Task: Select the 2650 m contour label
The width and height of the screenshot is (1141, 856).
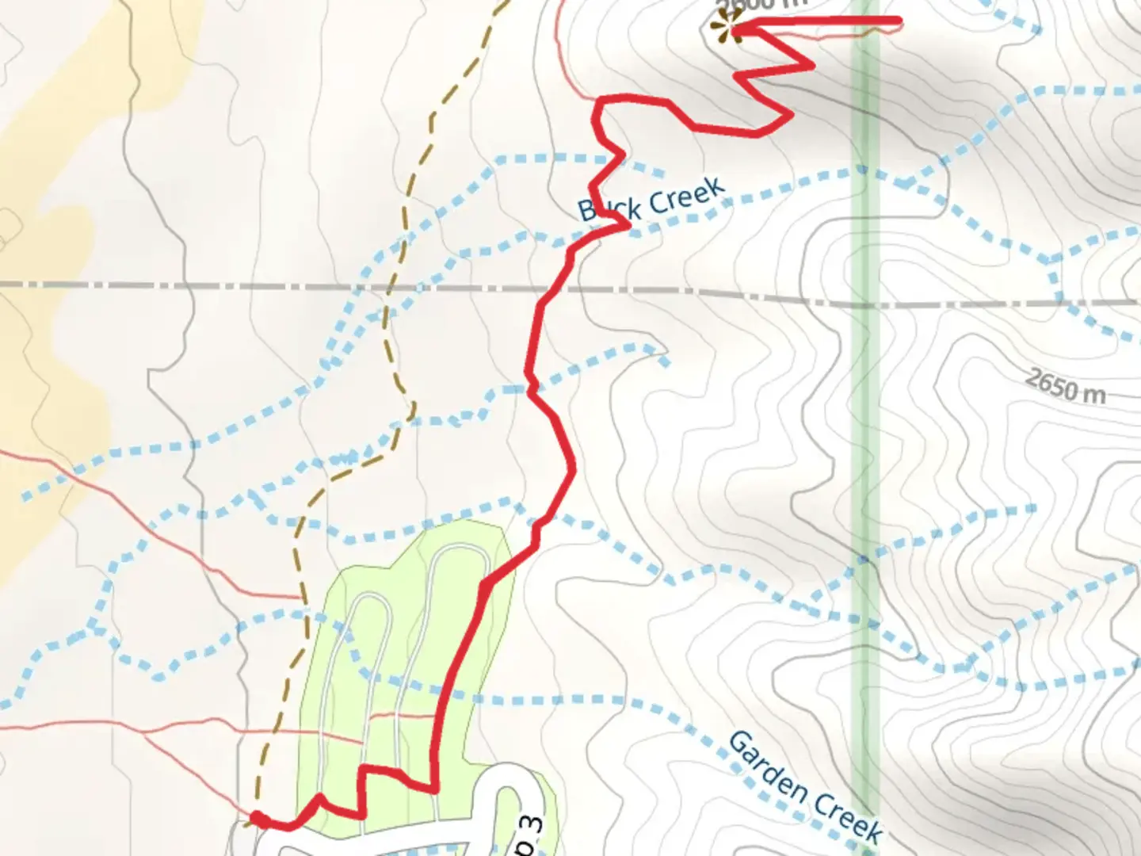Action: pyautogui.click(x=1064, y=386)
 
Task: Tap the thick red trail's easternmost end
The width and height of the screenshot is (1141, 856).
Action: pyautogui.click(x=899, y=21)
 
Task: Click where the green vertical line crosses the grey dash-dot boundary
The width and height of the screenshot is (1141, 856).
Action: pyautogui.click(x=864, y=301)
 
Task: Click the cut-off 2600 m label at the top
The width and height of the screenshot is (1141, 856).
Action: pyautogui.click(x=761, y=5)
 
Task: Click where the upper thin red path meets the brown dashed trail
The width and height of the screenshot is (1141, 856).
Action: pyautogui.click(x=302, y=597)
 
